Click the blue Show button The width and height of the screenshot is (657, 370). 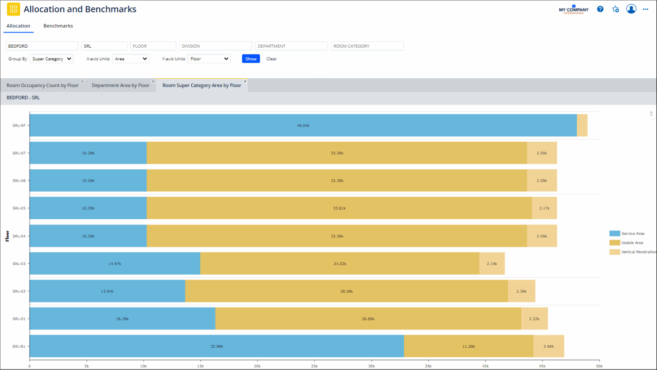[x=251, y=59]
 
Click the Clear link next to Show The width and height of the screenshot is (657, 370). [x=272, y=59]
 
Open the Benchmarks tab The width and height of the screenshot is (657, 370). [x=58, y=26]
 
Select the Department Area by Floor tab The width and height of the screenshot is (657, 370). [x=120, y=86]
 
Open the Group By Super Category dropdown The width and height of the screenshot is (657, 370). [x=51, y=59]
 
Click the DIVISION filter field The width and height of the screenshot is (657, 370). [x=216, y=46]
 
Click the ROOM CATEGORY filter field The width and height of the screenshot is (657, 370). [x=367, y=46]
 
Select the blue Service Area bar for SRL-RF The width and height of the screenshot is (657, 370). [x=303, y=125]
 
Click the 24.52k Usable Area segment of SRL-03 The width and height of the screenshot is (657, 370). [x=339, y=264]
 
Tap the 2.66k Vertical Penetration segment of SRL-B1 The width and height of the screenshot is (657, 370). [x=548, y=346]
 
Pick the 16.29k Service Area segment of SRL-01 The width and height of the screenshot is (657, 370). [x=122, y=318]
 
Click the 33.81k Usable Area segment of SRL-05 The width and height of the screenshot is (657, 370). [x=339, y=208]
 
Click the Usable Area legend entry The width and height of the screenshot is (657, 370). [x=632, y=243]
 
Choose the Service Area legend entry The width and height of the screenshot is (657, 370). [x=632, y=233]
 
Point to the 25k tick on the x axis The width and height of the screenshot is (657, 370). [x=314, y=366]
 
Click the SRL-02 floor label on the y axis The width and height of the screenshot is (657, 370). [x=19, y=291]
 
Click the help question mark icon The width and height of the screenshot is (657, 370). [x=600, y=9]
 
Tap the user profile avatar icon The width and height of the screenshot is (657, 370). [x=631, y=9]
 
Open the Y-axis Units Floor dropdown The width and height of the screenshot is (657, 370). [x=209, y=59]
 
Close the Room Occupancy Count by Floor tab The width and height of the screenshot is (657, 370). [x=82, y=81]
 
